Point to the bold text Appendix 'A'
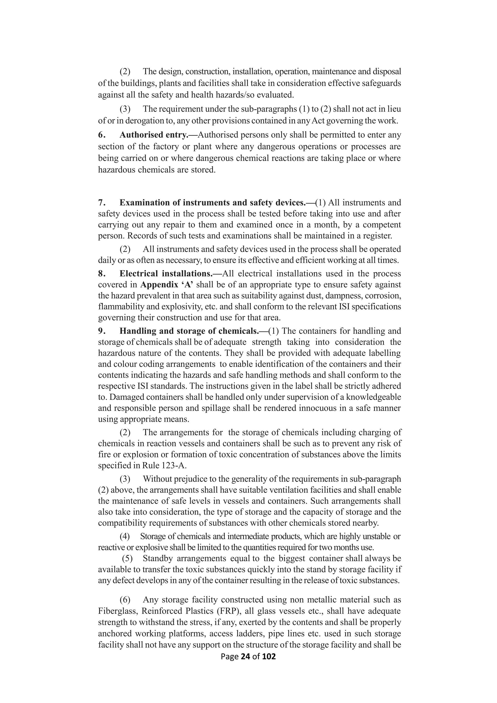coord(167,285)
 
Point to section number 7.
coord(101,203)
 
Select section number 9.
coord(101,331)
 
